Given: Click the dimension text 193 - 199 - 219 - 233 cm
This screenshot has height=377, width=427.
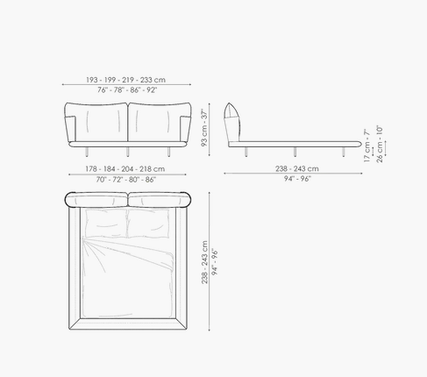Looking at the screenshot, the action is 125,80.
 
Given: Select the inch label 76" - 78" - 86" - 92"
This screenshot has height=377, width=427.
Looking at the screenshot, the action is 127,90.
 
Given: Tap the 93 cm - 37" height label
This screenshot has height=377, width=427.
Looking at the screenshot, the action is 204,128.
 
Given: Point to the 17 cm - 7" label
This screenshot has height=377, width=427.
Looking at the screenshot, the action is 367,146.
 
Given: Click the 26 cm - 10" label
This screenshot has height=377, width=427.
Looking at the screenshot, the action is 380,144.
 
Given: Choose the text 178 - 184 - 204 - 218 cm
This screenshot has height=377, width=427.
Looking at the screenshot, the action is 125,169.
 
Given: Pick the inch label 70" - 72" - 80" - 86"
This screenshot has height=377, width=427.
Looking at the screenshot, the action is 126,179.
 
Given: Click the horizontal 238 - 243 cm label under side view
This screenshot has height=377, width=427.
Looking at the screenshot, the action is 297,168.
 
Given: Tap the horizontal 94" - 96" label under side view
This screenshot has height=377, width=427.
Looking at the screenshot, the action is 297,179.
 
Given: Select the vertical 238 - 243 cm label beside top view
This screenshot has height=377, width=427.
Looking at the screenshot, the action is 204,262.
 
